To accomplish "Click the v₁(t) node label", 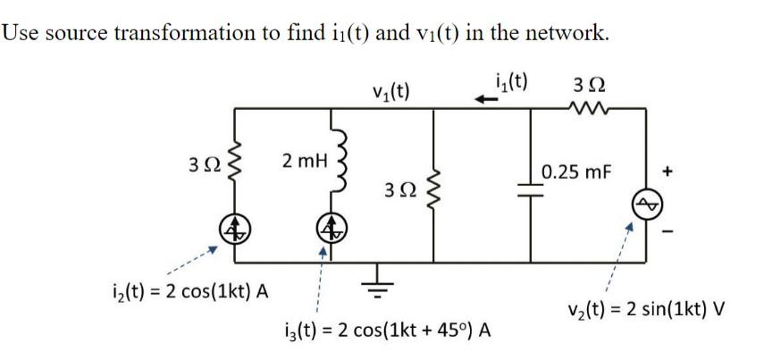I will tap(390, 91).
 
